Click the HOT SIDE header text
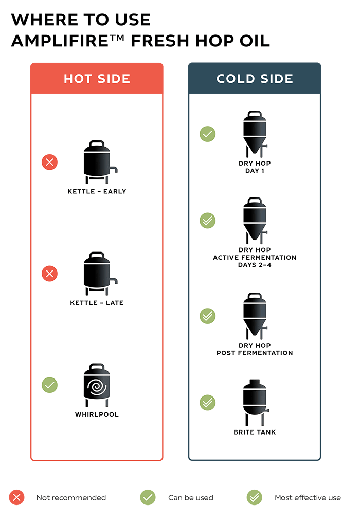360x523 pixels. coord(97,79)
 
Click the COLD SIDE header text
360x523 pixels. coord(255,79)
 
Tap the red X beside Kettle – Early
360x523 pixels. coord(50,162)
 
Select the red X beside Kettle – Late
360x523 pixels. coord(50,274)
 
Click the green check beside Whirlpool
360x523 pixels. coord(50,385)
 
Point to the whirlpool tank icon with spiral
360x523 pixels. coord(97,385)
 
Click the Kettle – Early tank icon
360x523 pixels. coord(100,162)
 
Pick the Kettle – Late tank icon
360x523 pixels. coord(100,274)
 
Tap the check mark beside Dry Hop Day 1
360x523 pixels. coord(208,134)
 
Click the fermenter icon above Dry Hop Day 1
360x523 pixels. coord(255,134)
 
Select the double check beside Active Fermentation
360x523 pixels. coord(208,221)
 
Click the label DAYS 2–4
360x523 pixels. coord(255,265)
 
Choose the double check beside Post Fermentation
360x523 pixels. coord(208,316)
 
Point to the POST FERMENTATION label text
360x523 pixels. coord(255,353)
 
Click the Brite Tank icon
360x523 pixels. coord(256,403)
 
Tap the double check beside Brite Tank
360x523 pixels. coord(208,403)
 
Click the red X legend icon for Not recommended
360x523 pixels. coord(16,497)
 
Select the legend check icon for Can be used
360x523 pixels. coord(148,497)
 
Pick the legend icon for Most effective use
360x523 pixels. coord(254,497)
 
